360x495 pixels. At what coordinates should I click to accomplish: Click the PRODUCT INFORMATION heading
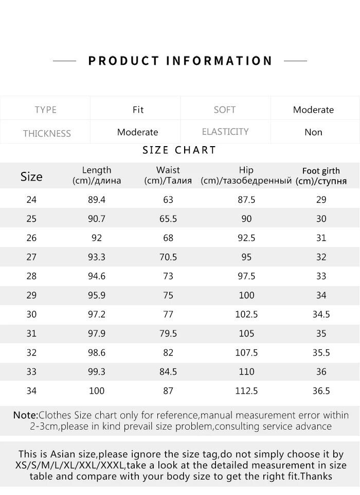pyautogui.click(x=180, y=61)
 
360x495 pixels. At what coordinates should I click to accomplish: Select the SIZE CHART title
pyautogui.click(x=179, y=150)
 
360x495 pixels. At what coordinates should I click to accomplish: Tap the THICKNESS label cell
pyautogui.click(x=47, y=133)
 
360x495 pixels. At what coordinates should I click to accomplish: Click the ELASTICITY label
pyautogui.click(x=225, y=132)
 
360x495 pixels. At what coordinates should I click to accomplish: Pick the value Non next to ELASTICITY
pyautogui.click(x=313, y=132)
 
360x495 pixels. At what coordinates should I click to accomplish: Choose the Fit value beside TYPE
pyautogui.click(x=138, y=110)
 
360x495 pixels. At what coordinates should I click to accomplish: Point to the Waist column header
pyautogui.click(x=168, y=175)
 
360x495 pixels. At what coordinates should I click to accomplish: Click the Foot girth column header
pyautogui.click(x=321, y=175)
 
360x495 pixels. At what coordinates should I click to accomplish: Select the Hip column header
pyautogui.click(x=246, y=175)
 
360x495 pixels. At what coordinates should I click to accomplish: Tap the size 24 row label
pyautogui.click(x=31, y=200)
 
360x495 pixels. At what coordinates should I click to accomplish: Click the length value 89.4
pyautogui.click(x=97, y=200)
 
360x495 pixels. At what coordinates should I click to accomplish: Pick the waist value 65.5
pyautogui.click(x=168, y=219)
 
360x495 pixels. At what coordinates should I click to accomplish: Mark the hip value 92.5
pyautogui.click(x=246, y=238)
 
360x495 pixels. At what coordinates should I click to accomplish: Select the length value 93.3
pyautogui.click(x=97, y=257)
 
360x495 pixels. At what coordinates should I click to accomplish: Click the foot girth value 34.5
pyautogui.click(x=321, y=314)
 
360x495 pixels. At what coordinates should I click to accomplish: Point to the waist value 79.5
pyautogui.click(x=168, y=333)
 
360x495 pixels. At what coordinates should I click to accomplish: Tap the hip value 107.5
pyautogui.click(x=246, y=353)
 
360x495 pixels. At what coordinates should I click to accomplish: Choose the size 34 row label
pyautogui.click(x=31, y=391)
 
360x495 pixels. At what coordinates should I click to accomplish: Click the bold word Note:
pyautogui.click(x=26, y=415)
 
